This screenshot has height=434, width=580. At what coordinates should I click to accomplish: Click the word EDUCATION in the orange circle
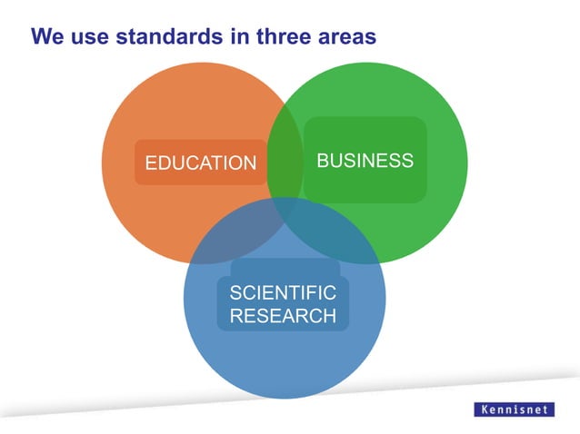tap(201, 163)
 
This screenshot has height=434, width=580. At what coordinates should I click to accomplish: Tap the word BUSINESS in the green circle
tap(365, 161)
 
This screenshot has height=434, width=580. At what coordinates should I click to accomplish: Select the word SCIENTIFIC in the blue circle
tap(283, 292)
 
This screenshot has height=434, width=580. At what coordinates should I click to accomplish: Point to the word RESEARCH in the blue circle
tap(283, 316)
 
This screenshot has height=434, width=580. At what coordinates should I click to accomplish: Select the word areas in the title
tap(345, 37)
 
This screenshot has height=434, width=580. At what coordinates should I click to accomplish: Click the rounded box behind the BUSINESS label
tap(365, 186)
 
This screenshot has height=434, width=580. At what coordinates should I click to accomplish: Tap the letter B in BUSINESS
tap(322, 161)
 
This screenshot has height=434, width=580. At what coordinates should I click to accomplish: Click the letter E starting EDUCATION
tap(151, 163)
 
